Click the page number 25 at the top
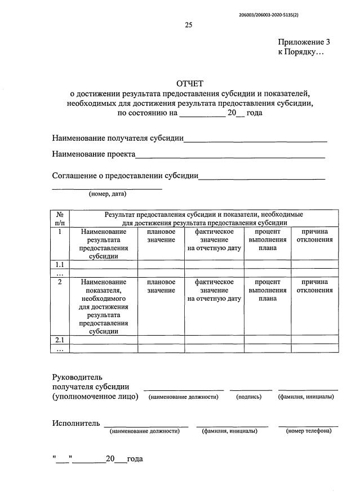[189, 24]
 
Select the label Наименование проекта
[94, 154]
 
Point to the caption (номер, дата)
[108, 194]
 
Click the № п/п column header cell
[60, 218]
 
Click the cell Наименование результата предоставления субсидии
[104, 243]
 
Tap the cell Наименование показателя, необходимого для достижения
[104, 306]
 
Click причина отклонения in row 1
[315, 235]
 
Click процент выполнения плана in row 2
[267, 290]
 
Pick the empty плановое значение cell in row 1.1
[161, 264]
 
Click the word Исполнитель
[76, 423]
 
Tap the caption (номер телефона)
[308, 431]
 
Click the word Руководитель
[77, 376]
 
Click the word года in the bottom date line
[135, 459]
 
